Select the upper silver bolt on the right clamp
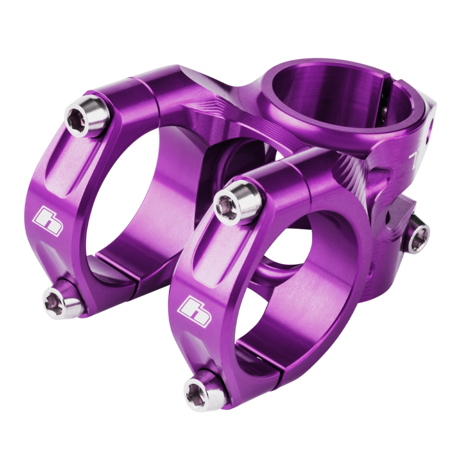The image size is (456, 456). coord(237,202)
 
